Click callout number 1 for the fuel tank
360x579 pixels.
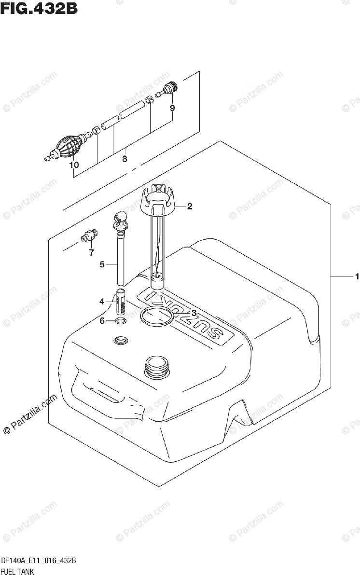(357, 276)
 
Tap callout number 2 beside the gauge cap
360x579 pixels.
(190, 207)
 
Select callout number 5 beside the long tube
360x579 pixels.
(102, 264)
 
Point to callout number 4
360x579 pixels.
(102, 302)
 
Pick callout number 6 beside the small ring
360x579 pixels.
(102, 321)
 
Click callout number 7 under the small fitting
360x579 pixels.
(91, 252)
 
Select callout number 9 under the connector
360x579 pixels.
(172, 108)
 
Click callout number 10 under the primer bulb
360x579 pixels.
(73, 165)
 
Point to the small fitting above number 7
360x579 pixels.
(89, 236)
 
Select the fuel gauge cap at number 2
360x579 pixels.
(159, 202)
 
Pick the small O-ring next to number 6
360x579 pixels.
(121, 322)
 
